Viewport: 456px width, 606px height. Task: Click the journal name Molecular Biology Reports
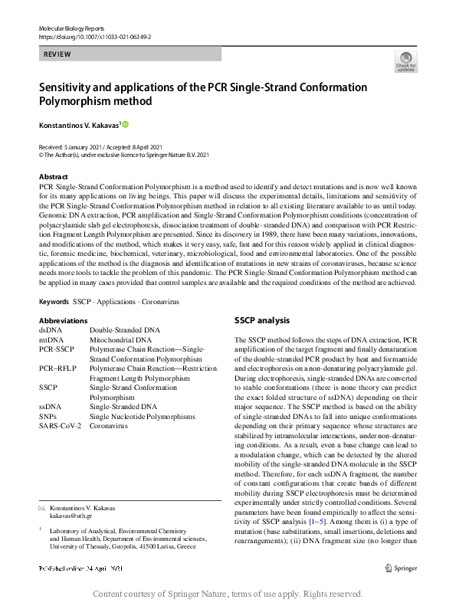pos(73,28)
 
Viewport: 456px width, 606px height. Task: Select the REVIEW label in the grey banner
pos(58,54)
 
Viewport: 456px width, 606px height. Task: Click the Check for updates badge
pos(405,62)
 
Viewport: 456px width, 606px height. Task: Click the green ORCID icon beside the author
pos(125,124)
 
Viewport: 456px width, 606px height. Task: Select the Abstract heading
pos(53,176)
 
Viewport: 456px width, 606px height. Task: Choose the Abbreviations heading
pos(63,320)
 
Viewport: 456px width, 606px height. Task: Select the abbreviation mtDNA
pos(52,340)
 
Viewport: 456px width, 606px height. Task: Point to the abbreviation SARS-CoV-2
pos(60,425)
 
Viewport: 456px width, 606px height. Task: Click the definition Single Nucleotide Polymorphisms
pos(142,416)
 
